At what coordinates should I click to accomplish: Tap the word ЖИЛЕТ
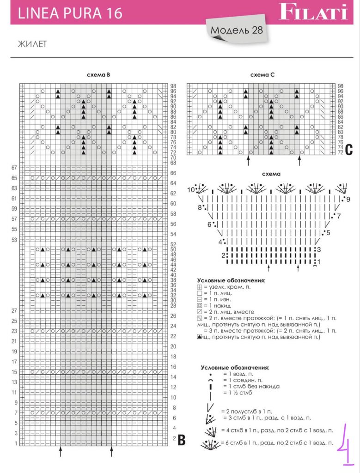coord(33,44)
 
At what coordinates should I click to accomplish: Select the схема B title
coord(98,75)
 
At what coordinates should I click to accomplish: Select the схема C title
coord(262,75)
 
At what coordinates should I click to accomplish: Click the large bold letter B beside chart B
coord(182,440)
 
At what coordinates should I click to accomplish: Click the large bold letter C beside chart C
coord(349,149)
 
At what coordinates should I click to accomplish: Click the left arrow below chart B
coord(61,451)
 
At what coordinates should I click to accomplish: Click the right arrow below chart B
coord(111,451)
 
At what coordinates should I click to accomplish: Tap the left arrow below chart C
coord(249,160)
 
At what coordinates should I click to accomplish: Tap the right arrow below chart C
coord(299,160)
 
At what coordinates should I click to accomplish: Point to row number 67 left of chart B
coord(14,168)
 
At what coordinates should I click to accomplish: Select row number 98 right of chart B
coord(173,86)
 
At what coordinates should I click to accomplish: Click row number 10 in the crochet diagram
coord(191,190)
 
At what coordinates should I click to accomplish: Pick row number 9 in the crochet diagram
coord(348,200)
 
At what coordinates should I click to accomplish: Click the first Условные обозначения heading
coord(231,280)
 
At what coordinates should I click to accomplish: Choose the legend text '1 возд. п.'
coord(240,373)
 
